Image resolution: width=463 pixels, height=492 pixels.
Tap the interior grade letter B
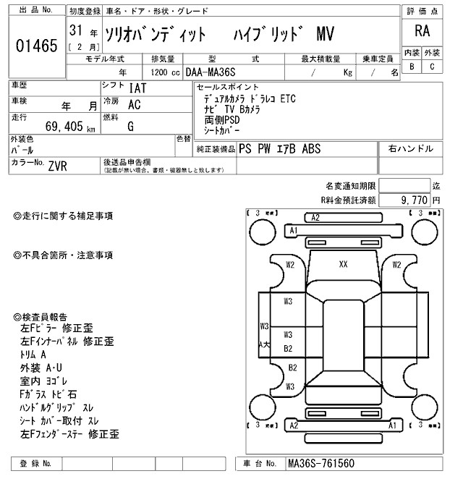[412, 67]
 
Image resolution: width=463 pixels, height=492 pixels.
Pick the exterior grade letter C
[432, 67]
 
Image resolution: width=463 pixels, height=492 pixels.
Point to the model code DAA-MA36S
[215, 72]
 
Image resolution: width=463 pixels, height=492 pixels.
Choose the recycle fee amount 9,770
[410, 199]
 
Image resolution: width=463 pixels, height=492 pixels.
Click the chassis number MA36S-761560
[321, 463]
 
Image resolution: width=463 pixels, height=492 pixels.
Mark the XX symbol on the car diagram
[343, 265]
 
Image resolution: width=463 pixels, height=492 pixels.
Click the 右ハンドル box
[411, 149]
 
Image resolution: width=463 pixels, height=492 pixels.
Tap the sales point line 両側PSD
[221, 119]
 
